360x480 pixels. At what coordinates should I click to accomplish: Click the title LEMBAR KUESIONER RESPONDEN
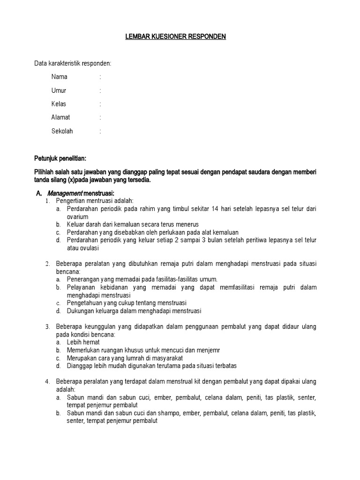pos(175,37)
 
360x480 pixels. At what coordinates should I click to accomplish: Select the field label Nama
pos(59,77)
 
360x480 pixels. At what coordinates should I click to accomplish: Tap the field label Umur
pos(59,90)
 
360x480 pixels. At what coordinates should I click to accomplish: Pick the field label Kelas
pos(59,104)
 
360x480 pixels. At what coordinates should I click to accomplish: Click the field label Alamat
pos(61,118)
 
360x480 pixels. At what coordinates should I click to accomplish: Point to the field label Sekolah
pos(62,131)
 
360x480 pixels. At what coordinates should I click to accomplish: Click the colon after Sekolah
pos(100,131)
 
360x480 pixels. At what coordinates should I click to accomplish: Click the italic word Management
pos(68,194)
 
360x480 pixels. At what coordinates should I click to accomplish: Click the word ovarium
pos(78,217)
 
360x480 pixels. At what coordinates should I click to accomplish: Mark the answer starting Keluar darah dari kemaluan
pos(133,225)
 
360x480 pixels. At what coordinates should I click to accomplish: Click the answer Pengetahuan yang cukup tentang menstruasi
pos(127,303)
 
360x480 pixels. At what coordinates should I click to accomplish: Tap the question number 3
pos(47,327)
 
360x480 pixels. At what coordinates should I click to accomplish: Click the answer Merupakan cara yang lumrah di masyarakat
pos(125,358)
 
